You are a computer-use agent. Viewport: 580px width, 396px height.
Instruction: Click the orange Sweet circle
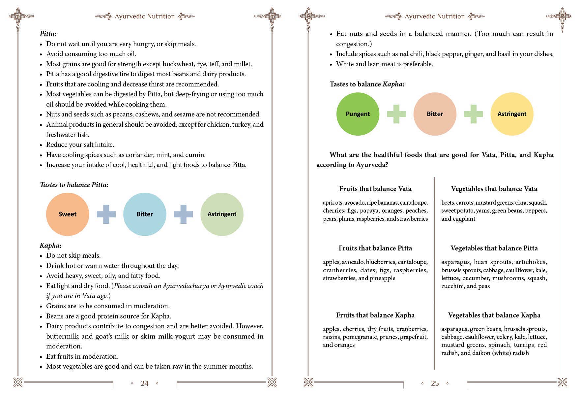(x=68, y=214)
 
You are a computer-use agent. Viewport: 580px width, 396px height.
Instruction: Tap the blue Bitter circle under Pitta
(x=145, y=214)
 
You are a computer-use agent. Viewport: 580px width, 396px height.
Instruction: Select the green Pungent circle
(x=358, y=114)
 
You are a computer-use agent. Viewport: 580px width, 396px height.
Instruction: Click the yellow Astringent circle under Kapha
(x=512, y=114)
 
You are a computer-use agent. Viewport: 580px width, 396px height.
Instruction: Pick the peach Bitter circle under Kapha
(x=435, y=114)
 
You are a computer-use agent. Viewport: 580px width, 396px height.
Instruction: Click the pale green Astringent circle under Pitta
(x=222, y=214)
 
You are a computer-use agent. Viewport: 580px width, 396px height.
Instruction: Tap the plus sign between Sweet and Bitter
(x=106, y=214)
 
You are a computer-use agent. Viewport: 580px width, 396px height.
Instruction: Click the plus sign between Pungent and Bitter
(x=396, y=114)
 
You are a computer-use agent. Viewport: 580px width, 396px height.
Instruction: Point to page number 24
(x=144, y=383)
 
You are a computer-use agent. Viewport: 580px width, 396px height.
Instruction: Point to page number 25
(x=435, y=383)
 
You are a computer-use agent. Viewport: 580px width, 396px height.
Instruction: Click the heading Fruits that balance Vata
(x=375, y=189)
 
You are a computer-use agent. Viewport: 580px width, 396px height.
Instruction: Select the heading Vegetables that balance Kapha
(x=494, y=315)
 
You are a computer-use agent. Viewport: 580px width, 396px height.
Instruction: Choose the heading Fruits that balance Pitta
(x=375, y=248)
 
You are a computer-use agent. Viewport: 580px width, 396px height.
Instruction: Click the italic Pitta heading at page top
(x=47, y=34)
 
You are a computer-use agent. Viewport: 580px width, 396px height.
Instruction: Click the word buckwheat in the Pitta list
(x=181, y=64)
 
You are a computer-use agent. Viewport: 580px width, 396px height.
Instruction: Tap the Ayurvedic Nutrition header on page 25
(x=435, y=16)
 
